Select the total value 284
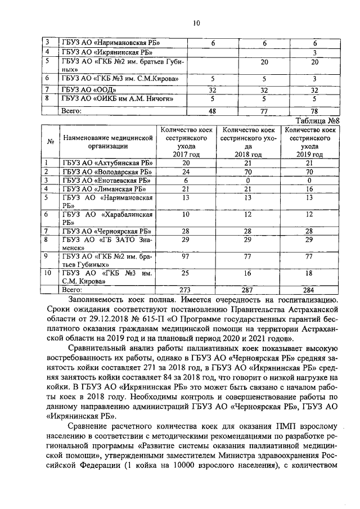click(309, 290)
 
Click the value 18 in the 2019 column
click(309, 273)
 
